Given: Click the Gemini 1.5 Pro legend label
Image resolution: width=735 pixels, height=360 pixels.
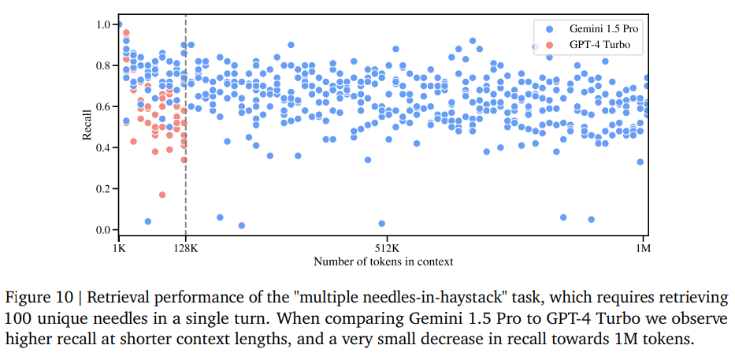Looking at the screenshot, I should click(599, 28).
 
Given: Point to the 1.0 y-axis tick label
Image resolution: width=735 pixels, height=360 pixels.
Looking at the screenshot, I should click(104, 24).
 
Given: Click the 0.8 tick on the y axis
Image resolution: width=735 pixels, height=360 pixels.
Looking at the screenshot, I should click(104, 65).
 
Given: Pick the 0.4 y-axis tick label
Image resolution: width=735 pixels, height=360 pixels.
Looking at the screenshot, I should click(104, 148).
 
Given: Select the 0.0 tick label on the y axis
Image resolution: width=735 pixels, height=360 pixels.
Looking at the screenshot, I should click(104, 230).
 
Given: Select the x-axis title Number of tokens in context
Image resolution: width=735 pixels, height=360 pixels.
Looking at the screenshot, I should click(383, 261).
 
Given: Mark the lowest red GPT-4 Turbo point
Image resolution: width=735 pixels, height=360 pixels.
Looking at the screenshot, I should click(162, 195).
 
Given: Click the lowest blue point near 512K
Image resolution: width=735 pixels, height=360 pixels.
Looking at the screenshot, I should click(382, 224).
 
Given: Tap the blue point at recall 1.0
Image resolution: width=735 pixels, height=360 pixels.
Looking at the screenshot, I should click(119, 25).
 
